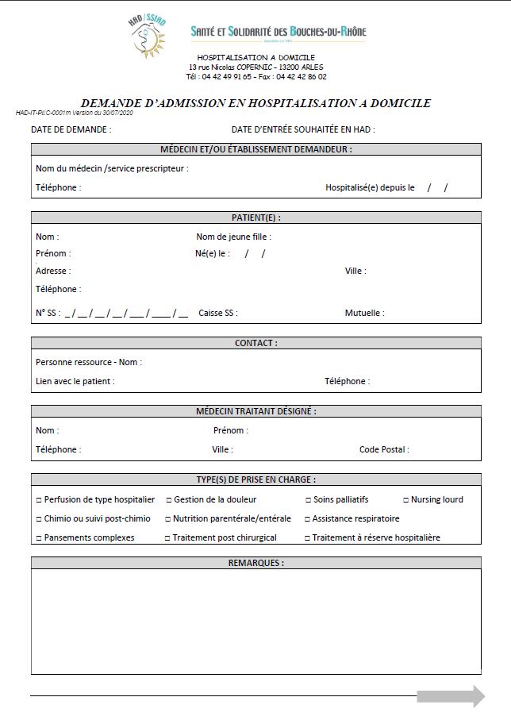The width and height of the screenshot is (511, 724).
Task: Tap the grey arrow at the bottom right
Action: tap(451, 697)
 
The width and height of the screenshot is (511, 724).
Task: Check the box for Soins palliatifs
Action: tap(308, 500)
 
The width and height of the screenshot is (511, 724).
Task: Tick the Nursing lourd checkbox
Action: tap(405, 500)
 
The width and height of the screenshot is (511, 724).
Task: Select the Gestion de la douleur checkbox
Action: tap(168, 500)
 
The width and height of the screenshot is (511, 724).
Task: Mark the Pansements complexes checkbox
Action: tap(39, 538)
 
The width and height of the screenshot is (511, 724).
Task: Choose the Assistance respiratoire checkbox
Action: tap(308, 519)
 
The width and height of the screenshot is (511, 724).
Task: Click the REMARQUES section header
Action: tap(255, 563)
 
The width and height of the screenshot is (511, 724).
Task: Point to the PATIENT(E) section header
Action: tap(255, 218)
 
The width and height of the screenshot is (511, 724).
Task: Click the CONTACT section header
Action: tap(255, 343)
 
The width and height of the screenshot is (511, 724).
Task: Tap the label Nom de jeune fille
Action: tap(233, 237)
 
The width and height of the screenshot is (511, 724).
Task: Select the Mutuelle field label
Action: tap(364, 314)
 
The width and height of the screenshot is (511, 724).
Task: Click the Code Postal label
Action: tap(384, 449)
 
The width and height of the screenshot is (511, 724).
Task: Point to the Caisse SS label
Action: tap(217, 314)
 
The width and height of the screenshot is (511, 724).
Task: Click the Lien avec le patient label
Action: tap(75, 381)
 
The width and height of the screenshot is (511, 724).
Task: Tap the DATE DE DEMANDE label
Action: tap(71, 129)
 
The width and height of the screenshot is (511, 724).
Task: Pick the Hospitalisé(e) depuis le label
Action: tap(370, 188)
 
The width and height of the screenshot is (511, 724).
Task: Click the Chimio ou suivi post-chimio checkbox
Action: tap(39, 519)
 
